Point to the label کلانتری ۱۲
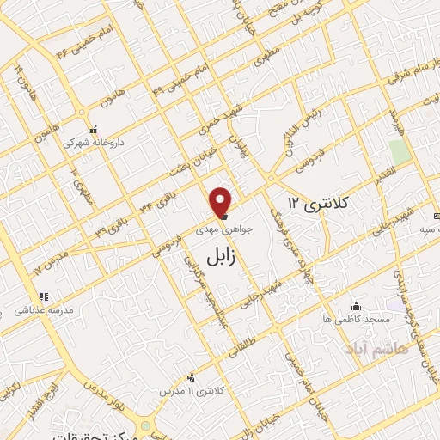(x=318, y=204)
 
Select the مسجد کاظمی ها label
(x=364, y=319)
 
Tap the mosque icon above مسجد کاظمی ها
(x=357, y=306)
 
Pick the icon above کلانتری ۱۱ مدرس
(x=191, y=377)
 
